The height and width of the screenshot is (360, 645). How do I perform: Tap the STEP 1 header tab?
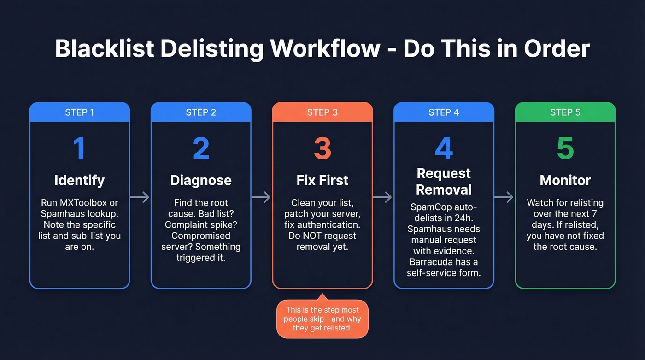tap(80, 112)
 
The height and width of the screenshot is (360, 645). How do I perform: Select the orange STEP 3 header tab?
tap(322, 112)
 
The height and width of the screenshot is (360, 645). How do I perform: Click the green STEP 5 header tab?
tap(565, 112)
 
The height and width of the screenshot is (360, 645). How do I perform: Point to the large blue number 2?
tap(201, 149)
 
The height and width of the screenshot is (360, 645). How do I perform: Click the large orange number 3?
tap(322, 149)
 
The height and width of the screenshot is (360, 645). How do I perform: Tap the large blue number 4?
tap(444, 149)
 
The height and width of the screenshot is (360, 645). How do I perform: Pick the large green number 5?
tap(565, 149)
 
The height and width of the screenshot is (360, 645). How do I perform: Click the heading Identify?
tap(80, 180)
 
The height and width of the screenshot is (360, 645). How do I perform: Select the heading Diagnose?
tap(201, 180)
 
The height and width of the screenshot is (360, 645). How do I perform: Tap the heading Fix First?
tap(322, 180)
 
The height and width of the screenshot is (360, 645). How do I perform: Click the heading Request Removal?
tap(444, 181)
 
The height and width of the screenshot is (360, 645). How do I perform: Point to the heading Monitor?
tap(565, 180)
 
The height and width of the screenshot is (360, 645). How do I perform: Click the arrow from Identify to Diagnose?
tap(140, 197)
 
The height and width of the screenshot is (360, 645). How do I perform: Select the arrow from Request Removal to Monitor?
tap(504, 197)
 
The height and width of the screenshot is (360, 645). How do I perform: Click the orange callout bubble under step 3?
tap(322, 319)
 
